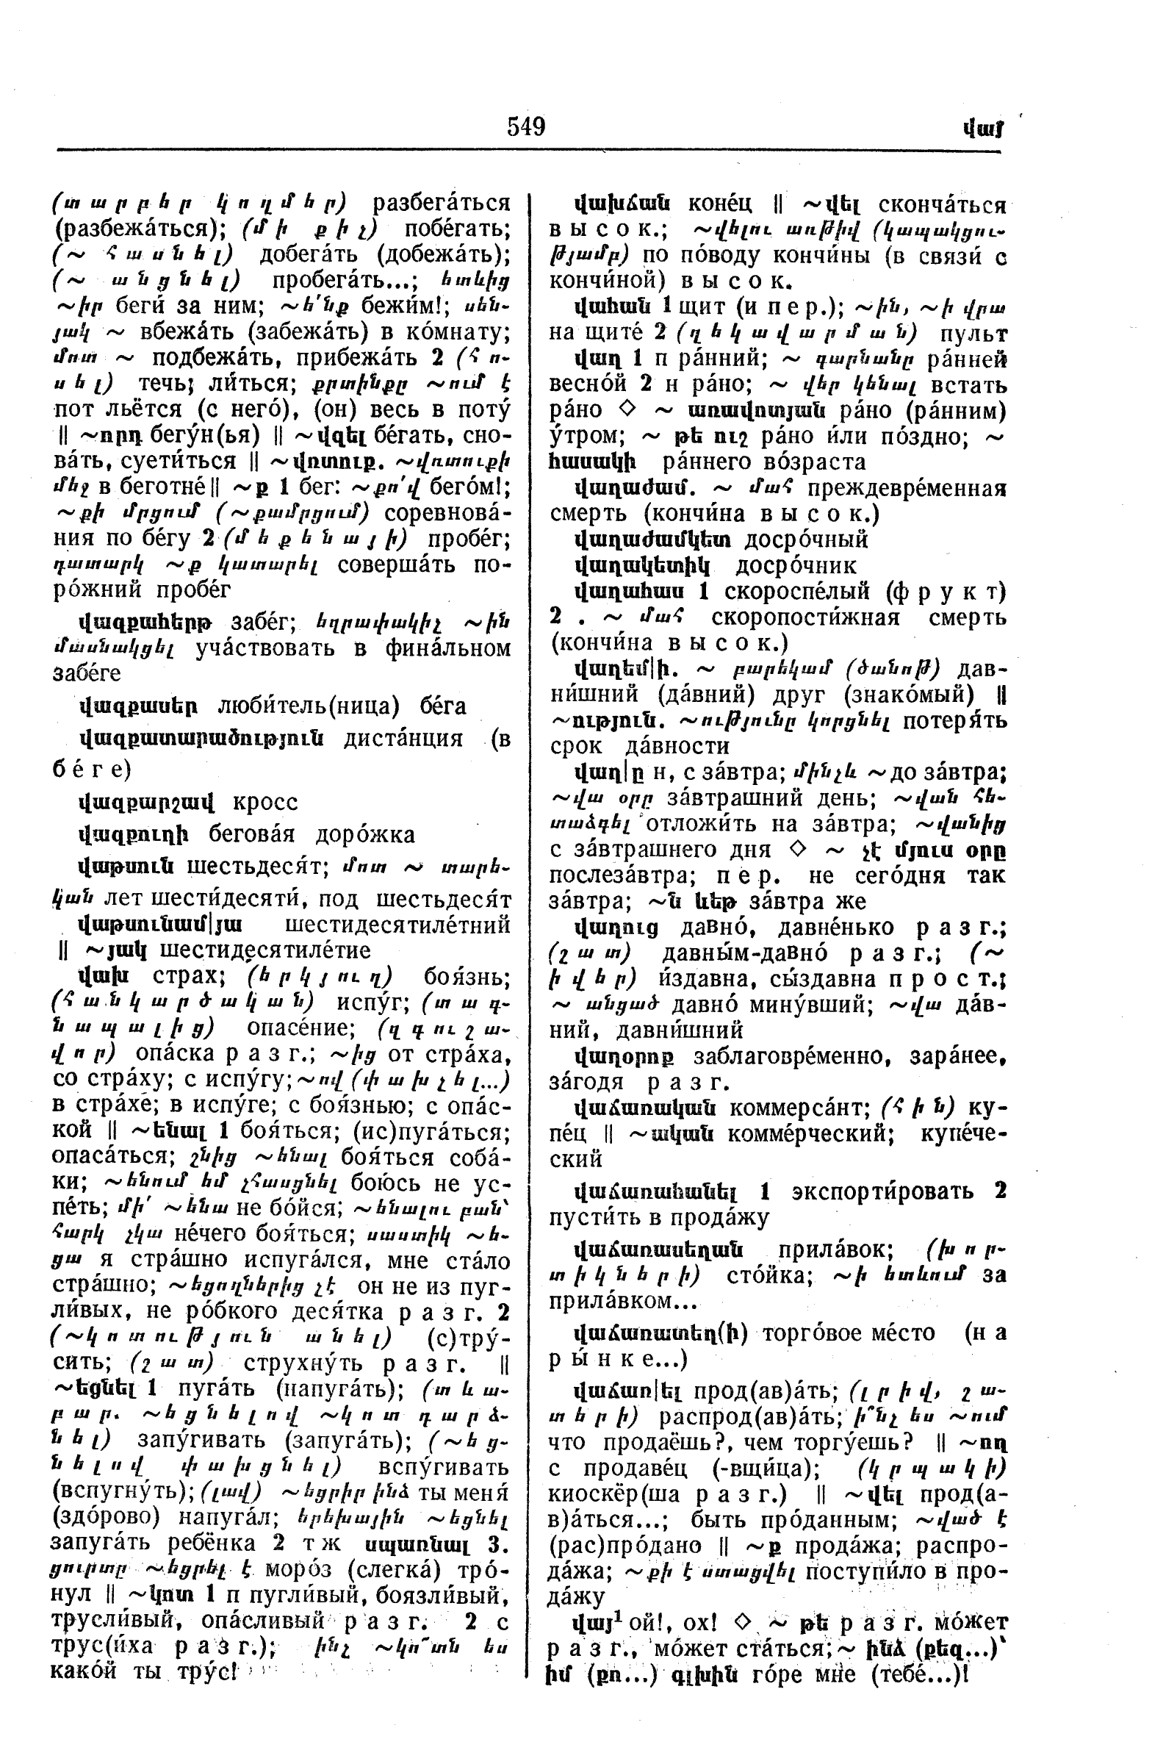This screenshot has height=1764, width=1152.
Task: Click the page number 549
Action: coord(526,126)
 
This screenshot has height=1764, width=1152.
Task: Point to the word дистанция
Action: coord(404,739)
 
